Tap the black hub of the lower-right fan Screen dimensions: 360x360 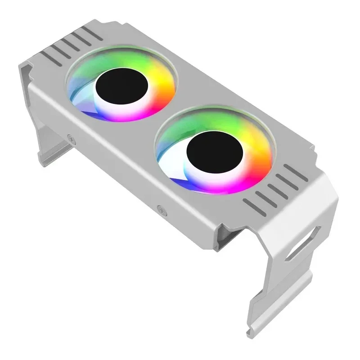215,154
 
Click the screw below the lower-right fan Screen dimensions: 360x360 160,208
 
